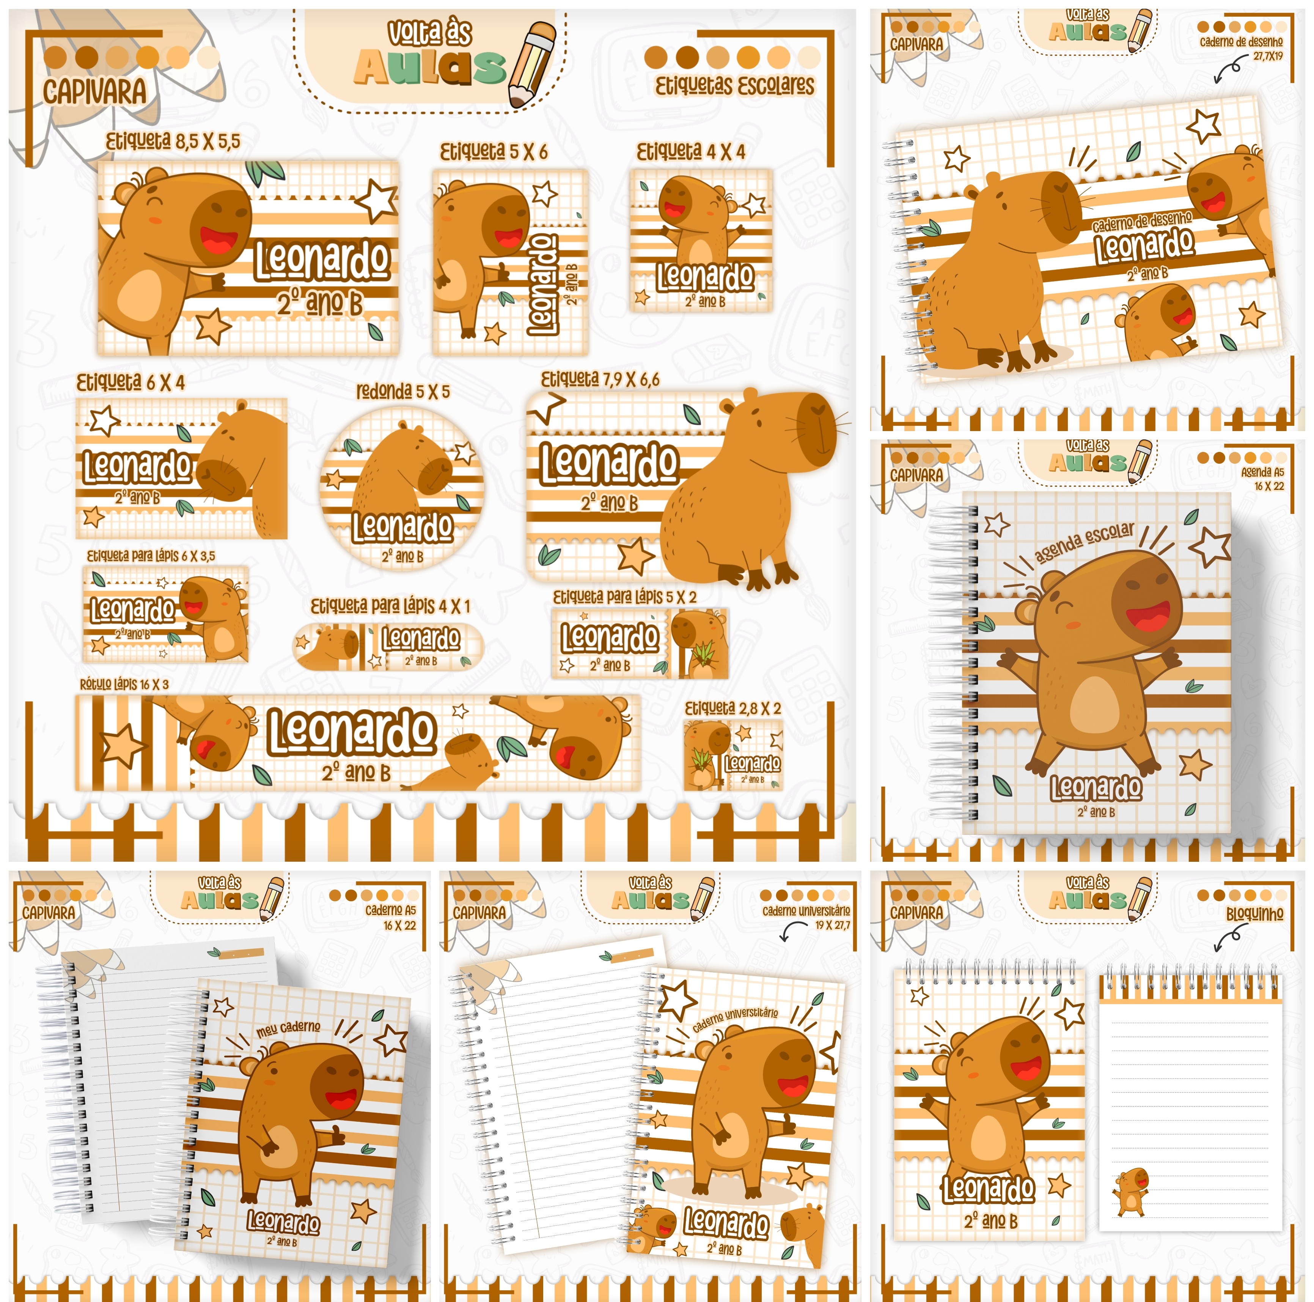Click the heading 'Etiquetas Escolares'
click(734, 86)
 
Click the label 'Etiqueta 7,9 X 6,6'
click(600, 379)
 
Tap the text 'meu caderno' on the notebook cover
click(288, 1028)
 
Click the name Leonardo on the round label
click(402, 527)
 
